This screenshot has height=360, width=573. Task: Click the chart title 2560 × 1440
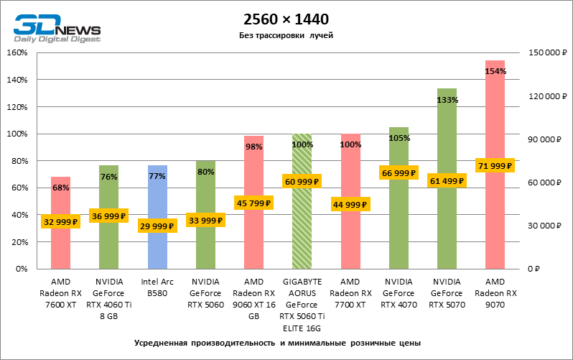286,19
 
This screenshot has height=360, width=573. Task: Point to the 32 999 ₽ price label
60,222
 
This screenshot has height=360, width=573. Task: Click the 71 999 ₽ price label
495,166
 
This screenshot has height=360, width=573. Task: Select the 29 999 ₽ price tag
157,226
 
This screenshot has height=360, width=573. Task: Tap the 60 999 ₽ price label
302,181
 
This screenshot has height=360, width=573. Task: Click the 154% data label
495,71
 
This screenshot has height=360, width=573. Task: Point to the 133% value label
447,100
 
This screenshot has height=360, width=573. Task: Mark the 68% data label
60,188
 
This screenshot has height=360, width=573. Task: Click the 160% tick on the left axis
17,53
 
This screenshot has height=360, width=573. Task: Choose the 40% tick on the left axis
19,215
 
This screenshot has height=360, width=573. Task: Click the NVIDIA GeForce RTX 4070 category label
399,293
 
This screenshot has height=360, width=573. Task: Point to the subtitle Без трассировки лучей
286,35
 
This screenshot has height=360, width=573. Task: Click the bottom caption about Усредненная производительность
276,343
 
